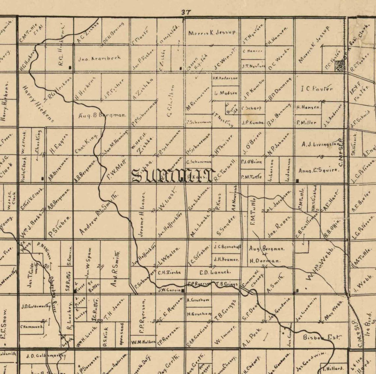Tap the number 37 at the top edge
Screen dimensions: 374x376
tap(186, 12)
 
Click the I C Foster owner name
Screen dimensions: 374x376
tap(317, 89)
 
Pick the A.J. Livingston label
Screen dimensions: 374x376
tap(320, 144)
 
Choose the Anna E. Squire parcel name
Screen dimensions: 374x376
tap(318, 170)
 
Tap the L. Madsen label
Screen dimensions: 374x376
tap(226, 93)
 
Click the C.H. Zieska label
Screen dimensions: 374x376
tap(169, 272)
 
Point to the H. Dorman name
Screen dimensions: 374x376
tap(265, 261)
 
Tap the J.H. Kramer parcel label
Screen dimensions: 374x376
tap(226, 259)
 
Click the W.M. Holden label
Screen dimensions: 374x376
tap(143, 342)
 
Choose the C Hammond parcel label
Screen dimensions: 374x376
tap(32, 327)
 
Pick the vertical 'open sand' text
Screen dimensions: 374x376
tap(122, 334)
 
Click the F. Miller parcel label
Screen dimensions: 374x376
tap(306, 122)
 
